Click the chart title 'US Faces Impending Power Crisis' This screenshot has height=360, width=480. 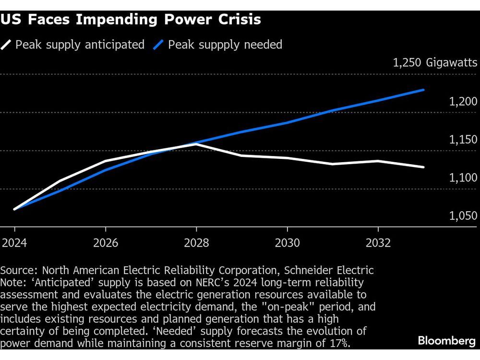coord(132,20)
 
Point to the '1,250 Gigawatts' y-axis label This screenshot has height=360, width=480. coord(435,63)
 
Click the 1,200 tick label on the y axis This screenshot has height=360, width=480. coord(463,102)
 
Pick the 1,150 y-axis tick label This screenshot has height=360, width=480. coord(463,140)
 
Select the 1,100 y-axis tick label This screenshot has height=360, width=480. coord(463,178)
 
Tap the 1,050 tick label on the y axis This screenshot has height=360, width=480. coord(463,216)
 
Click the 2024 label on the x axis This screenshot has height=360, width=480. coord(14,243)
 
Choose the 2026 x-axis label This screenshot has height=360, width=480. coord(106,243)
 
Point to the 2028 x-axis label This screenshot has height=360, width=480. coord(196,243)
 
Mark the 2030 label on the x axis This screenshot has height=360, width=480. coord(287,243)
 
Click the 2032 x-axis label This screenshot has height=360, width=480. coord(378,243)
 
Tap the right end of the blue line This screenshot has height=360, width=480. coord(423,90)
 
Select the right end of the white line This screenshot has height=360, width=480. coord(423,167)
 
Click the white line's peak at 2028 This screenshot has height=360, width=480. coord(196,144)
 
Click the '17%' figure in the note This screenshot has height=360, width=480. coord(339,343)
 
